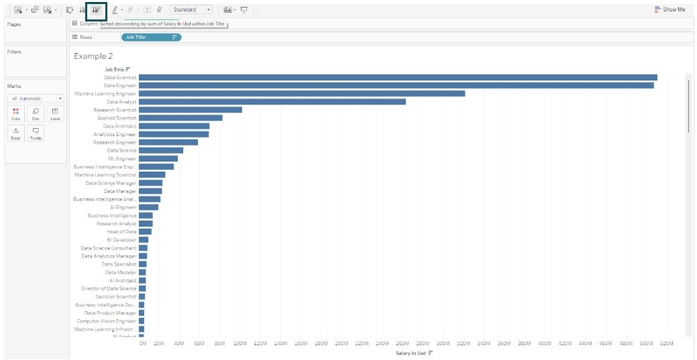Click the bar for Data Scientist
click(x=398, y=78)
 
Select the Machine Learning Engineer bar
click(x=302, y=94)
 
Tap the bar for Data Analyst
click(x=272, y=102)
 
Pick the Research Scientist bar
click(x=191, y=110)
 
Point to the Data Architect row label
click(x=119, y=126)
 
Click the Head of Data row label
click(x=121, y=232)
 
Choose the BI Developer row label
click(x=121, y=240)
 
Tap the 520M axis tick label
click(x=667, y=343)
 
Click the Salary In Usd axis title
click(x=411, y=353)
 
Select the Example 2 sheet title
click(x=93, y=56)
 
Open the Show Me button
click(x=670, y=10)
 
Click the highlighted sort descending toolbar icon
click(x=97, y=10)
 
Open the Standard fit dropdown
click(x=191, y=10)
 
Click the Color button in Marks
click(x=16, y=114)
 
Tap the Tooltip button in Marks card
click(x=35, y=133)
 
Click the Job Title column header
click(x=115, y=69)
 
